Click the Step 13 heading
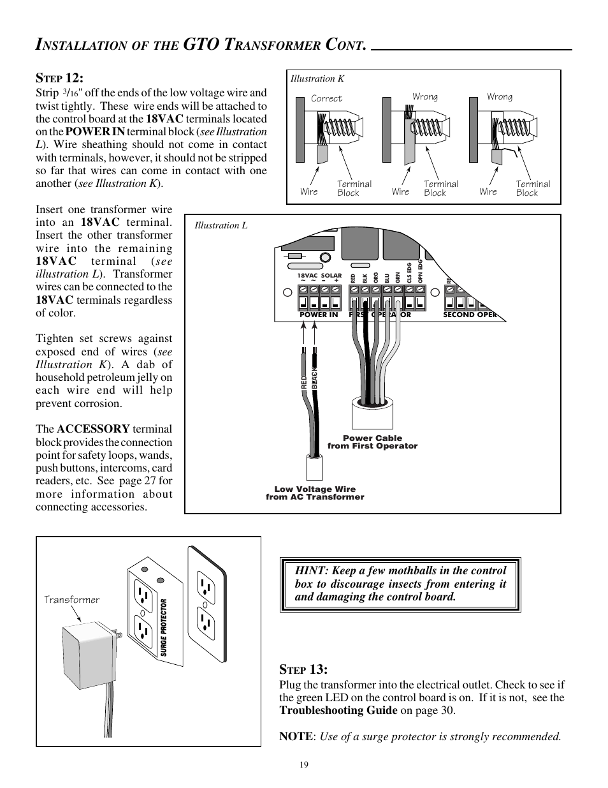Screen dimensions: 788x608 303,669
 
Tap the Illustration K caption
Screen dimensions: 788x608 317,79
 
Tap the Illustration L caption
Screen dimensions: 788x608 221,226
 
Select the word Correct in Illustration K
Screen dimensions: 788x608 326,98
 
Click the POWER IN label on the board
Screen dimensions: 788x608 319,315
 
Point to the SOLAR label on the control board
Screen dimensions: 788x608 331,276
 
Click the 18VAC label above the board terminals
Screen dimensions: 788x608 307,276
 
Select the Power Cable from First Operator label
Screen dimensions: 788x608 372,442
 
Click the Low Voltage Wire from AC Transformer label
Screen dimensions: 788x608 315,493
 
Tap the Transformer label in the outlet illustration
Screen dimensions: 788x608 71,600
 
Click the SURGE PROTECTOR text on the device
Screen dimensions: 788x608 164,628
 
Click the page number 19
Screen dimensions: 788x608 304,765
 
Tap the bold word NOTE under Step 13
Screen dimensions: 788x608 296,736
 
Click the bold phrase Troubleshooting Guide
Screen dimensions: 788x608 338,711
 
